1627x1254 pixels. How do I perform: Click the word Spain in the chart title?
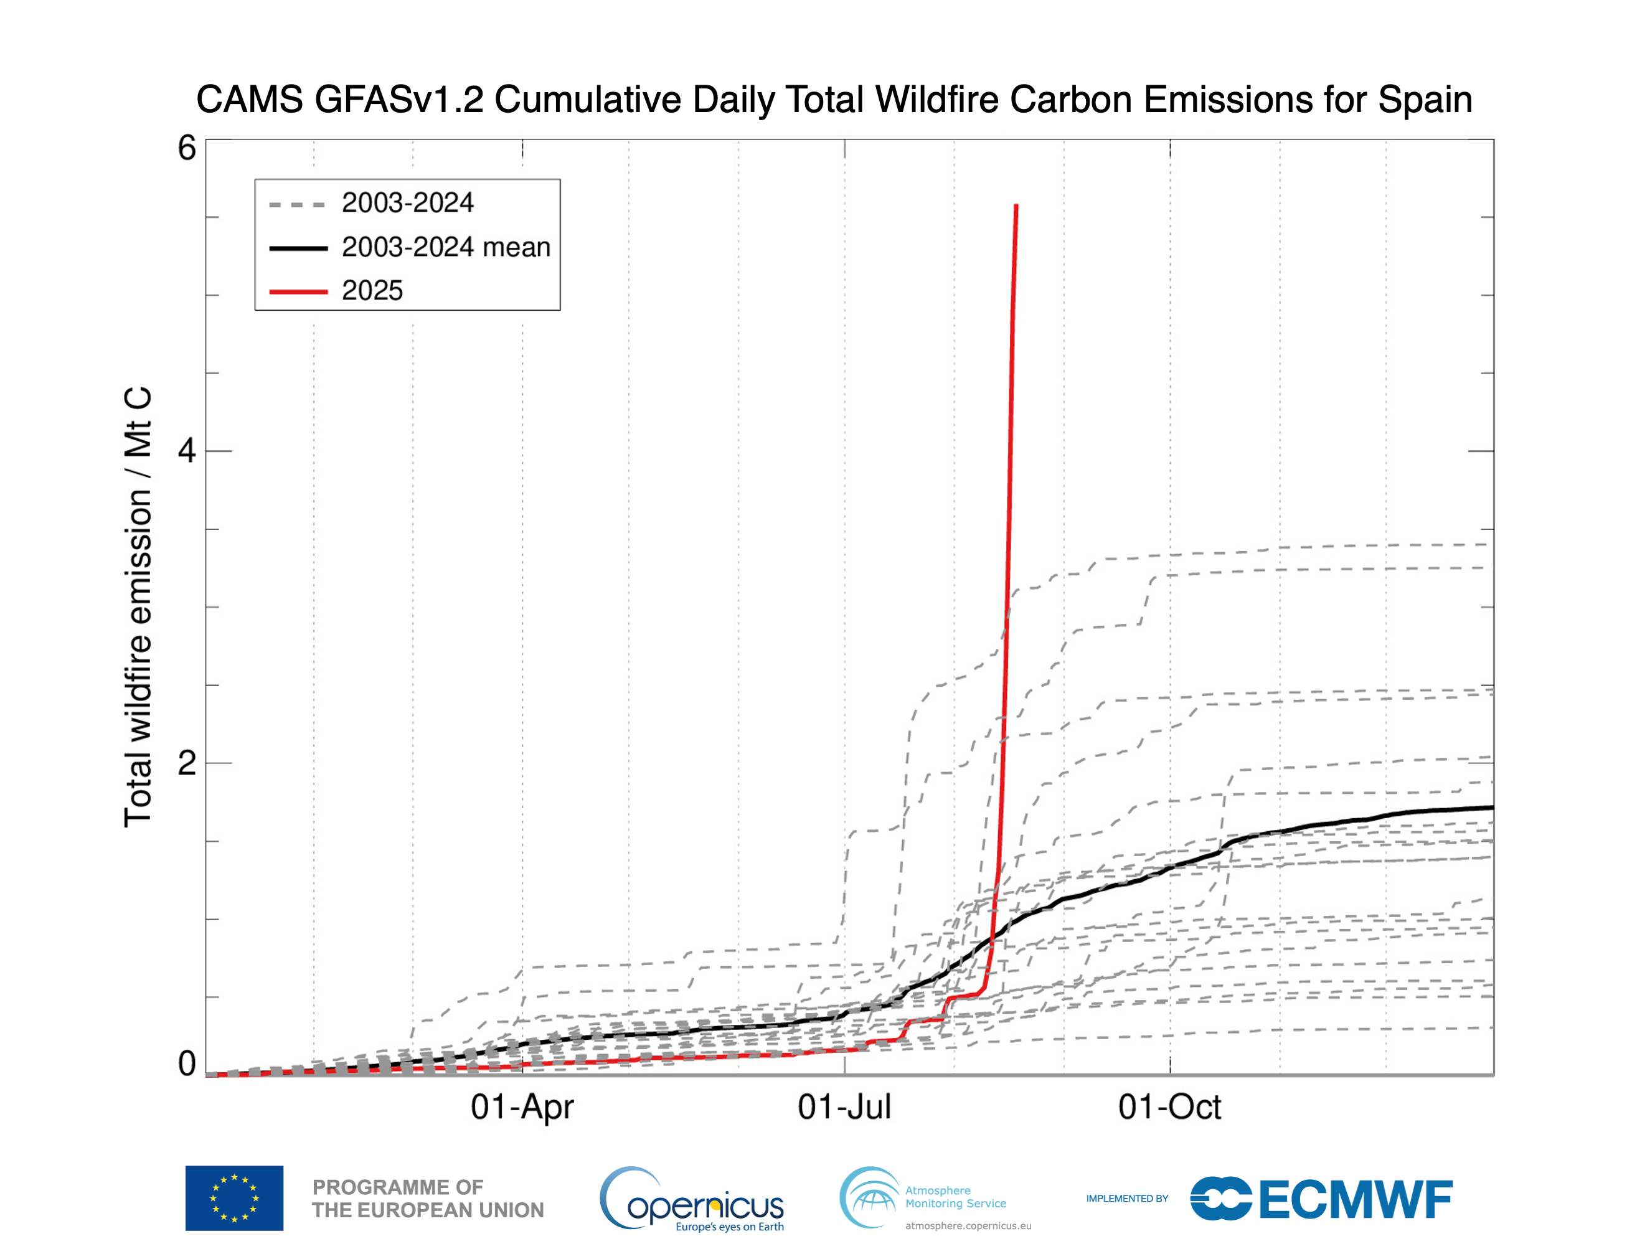coord(1425,99)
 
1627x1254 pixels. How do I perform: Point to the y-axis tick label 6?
coord(187,148)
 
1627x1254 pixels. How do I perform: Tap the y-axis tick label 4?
coord(187,451)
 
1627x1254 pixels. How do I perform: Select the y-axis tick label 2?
coord(187,763)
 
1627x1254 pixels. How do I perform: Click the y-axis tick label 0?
coord(187,1064)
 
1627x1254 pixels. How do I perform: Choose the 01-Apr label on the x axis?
coord(522,1107)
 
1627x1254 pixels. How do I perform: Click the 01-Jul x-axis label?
coord(844,1107)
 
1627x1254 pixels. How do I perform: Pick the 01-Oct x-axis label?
coord(1169,1107)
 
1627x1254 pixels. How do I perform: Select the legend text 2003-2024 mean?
coord(445,247)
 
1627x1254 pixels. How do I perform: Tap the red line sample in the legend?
coord(298,291)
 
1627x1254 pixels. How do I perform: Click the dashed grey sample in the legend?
coord(298,204)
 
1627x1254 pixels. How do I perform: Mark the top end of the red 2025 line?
coord(1016,206)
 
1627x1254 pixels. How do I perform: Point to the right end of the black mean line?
coord(1491,808)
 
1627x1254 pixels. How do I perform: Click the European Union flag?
coord(234,1197)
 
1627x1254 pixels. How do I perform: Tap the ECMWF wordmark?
coord(1355,1200)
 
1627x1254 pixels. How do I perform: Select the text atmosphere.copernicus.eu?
coord(968,1226)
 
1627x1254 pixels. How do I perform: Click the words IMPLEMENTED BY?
coord(1126,1198)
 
